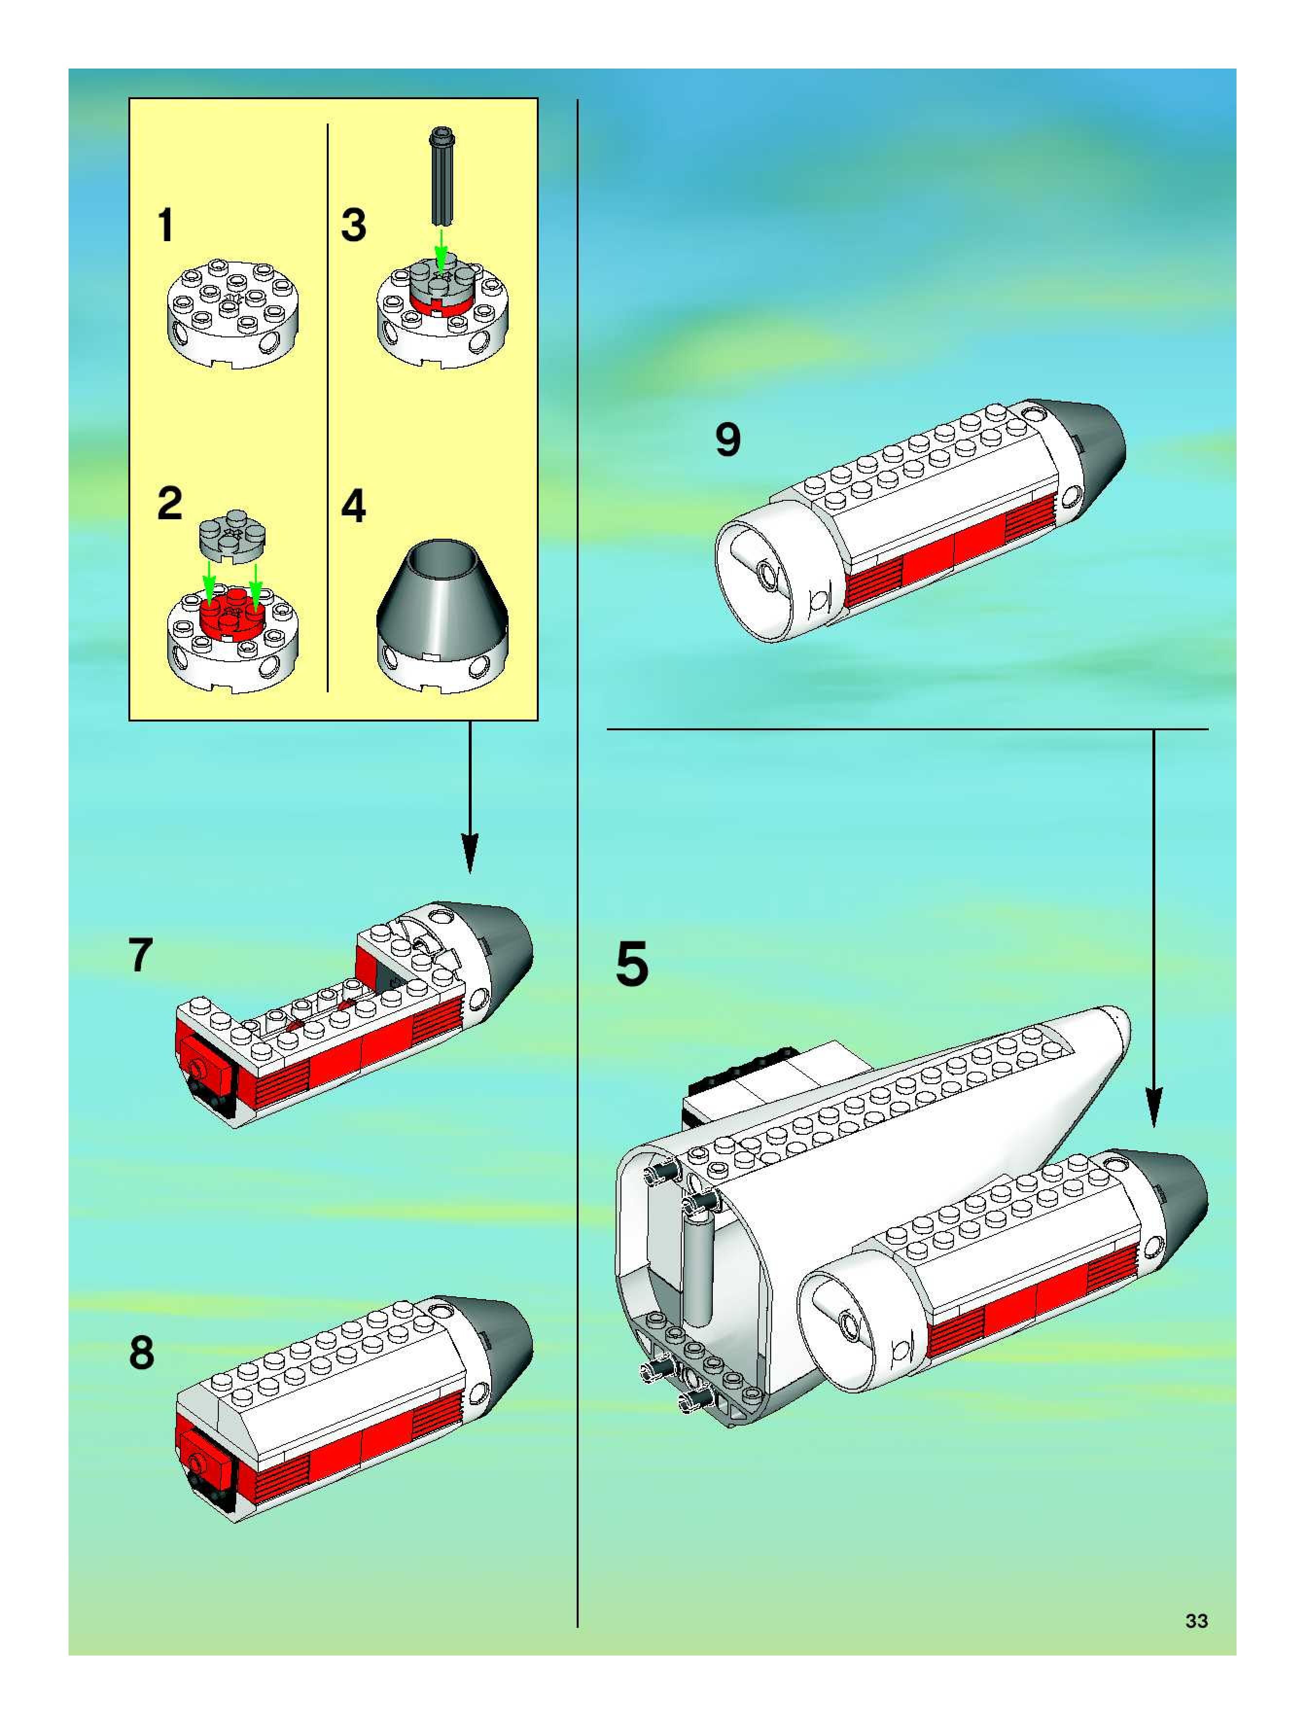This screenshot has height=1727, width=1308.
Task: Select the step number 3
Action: tap(354, 225)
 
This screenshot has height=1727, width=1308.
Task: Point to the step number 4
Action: tap(354, 506)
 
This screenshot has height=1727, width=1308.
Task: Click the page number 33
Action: tap(1196, 1621)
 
